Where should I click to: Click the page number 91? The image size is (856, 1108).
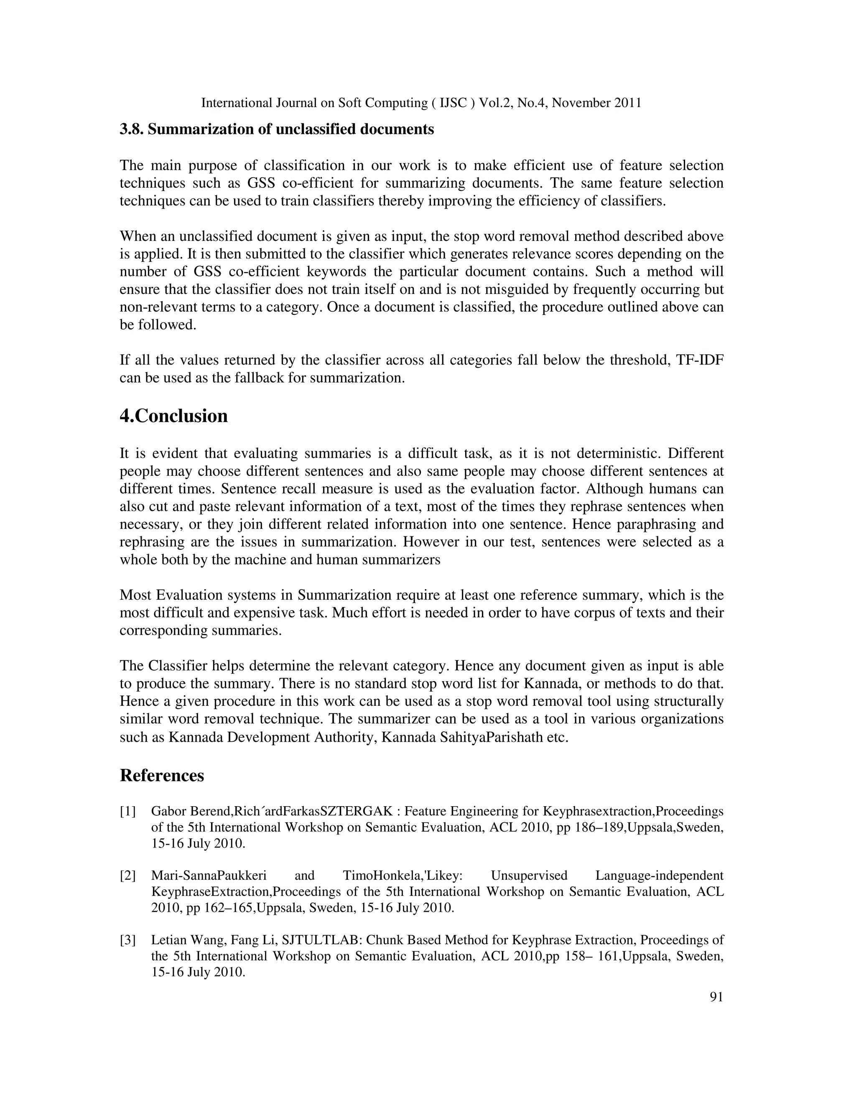(716, 997)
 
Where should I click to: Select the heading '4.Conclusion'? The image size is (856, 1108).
(173, 416)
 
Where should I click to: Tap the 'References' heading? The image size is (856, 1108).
(162, 776)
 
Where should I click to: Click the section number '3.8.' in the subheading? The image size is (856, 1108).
(132, 129)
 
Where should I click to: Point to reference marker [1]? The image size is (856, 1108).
(128, 812)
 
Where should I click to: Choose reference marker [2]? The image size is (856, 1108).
(128, 876)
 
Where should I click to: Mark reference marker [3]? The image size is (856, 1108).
(128, 940)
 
